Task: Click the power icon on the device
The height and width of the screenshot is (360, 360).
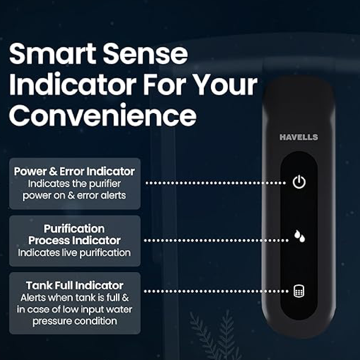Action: tap(299, 182)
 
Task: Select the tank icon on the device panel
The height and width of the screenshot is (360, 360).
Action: tap(299, 291)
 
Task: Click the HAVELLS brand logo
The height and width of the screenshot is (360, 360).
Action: tap(299, 137)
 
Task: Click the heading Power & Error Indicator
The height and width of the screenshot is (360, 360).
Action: tap(74, 171)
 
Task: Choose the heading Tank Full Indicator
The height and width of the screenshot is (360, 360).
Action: tap(75, 285)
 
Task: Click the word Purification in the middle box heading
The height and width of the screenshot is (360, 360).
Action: tap(74, 229)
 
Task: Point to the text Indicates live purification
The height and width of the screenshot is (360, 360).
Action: tap(75, 253)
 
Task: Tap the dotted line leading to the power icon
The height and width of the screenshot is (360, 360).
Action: tap(216, 183)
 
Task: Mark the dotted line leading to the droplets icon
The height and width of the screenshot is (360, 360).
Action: tap(217, 240)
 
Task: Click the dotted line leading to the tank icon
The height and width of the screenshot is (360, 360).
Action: tap(216, 291)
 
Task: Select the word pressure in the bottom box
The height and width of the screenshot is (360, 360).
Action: tap(55, 321)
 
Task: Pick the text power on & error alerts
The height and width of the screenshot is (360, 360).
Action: tap(74, 195)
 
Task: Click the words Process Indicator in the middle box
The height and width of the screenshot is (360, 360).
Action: tap(75, 240)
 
